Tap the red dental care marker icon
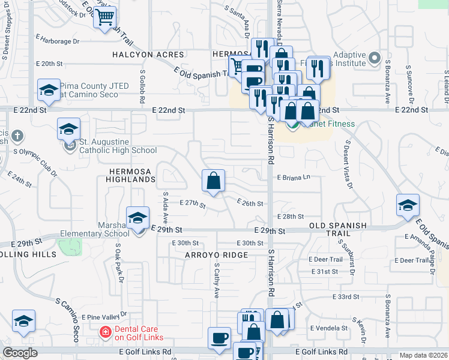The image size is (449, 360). [105, 331]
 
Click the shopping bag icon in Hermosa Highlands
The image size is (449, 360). [214, 181]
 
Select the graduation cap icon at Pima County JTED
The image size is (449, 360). [49, 91]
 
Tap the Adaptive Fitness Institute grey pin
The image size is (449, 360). [375, 58]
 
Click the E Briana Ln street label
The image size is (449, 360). [293, 177]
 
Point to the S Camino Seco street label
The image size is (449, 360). [70, 320]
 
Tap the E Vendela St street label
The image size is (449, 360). [328, 328]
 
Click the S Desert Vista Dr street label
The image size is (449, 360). [348, 166]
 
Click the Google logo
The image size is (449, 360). [20, 353]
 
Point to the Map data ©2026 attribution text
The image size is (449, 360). [423, 355]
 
